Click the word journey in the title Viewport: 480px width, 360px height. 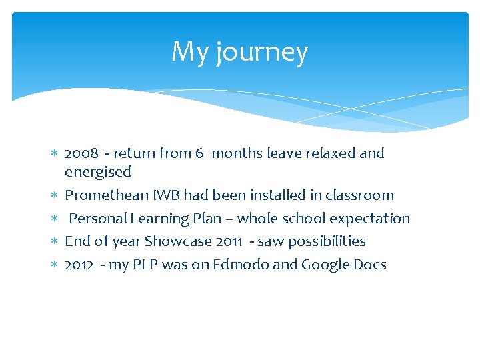pos(262,53)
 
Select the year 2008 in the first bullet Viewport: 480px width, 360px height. pos(81,153)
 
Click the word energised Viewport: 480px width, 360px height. pos(98,172)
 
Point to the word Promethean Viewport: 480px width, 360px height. pos(107,195)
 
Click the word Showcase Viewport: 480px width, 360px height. pos(178,241)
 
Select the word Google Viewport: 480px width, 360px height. pos(325,265)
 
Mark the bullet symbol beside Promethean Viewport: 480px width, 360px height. pos(55,196)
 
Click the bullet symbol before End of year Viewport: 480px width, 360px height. pos(55,242)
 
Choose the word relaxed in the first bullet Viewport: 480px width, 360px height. pos(332,153)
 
